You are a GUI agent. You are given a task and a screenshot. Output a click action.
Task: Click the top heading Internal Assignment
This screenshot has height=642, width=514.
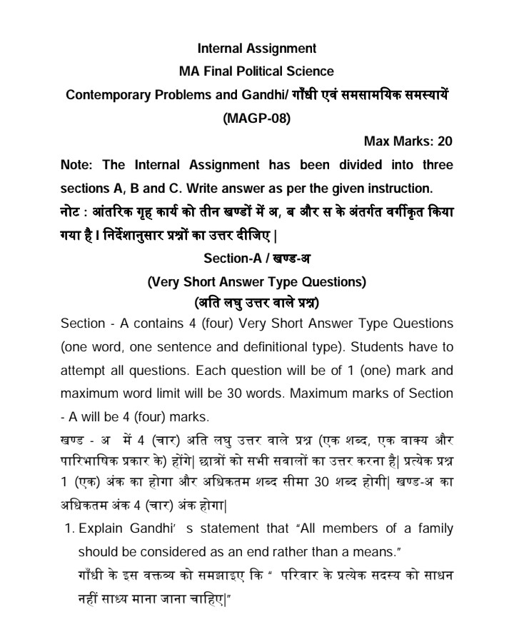(x=256, y=49)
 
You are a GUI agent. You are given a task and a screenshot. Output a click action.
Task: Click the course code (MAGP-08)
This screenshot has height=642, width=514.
(x=256, y=117)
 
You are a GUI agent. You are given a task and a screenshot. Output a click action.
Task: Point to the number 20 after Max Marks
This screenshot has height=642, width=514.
(x=441, y=141)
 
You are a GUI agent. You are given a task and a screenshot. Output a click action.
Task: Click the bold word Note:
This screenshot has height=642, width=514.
(x=78, y=165)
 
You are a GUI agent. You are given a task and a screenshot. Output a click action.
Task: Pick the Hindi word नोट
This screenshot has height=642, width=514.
(x=74, y=212)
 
